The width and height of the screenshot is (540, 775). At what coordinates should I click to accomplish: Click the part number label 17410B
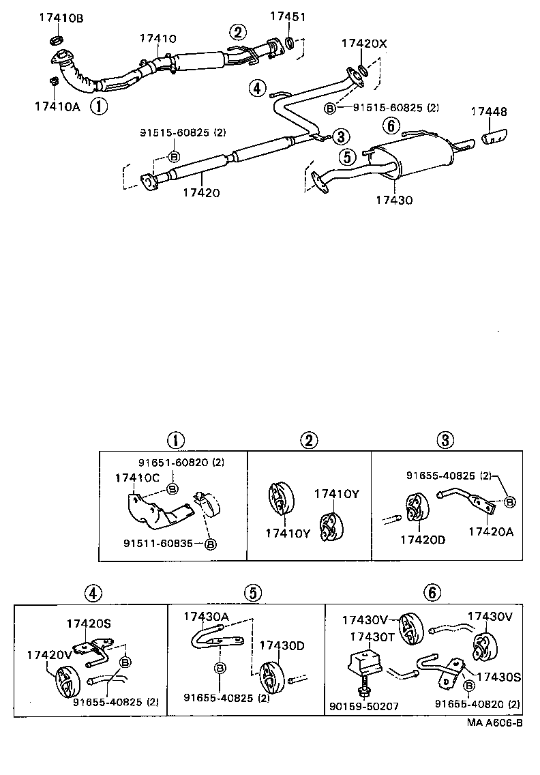[60, 18]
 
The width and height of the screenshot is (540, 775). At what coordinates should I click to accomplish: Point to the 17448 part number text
[487, 111]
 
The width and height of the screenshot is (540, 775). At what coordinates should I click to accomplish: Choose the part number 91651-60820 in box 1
[174, 463]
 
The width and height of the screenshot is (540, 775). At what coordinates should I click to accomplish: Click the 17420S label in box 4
[89, 623]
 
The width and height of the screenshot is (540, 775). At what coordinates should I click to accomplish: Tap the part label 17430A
[206, 616]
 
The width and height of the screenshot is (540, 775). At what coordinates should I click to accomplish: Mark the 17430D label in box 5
[281, 645]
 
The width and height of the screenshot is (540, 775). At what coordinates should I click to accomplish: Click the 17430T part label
[372, 636]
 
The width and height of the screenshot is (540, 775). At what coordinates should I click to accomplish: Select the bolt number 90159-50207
[373, 707]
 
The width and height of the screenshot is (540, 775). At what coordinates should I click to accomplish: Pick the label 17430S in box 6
[498, 677]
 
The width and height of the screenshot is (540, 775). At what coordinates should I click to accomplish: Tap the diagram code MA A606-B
[494, 722]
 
